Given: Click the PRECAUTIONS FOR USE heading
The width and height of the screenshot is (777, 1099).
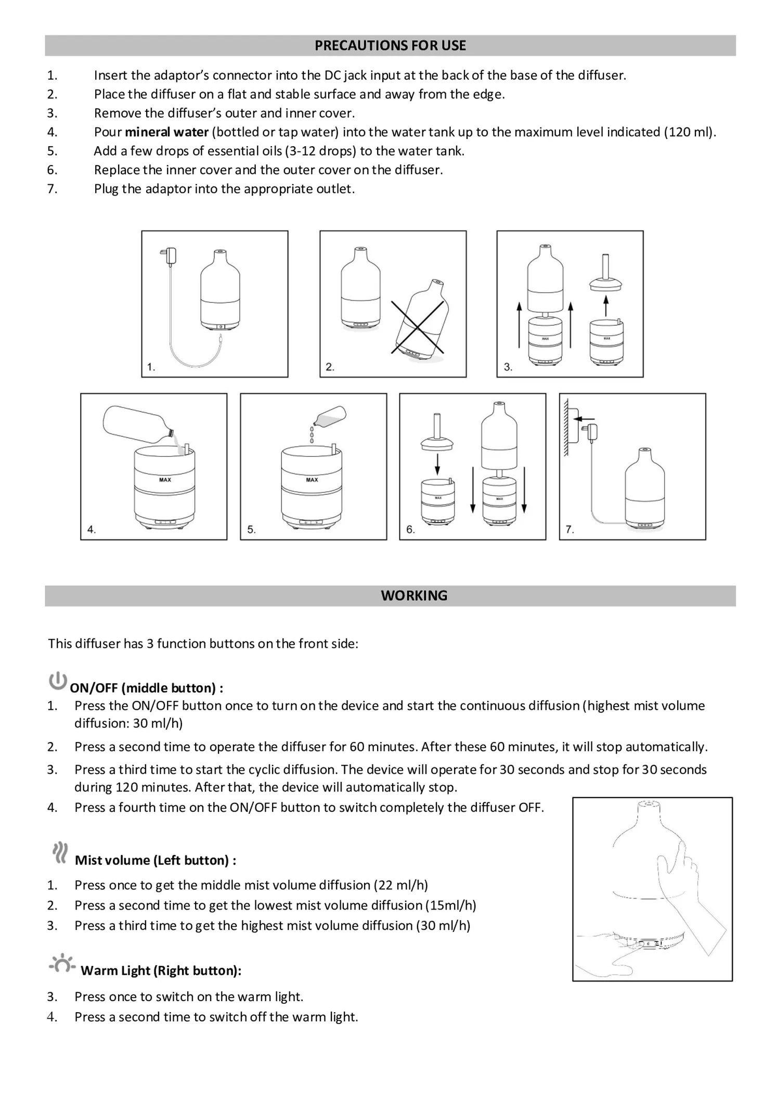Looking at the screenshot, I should click(x=390, y=46).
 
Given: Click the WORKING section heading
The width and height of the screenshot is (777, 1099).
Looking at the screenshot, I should click(x=414, y=596).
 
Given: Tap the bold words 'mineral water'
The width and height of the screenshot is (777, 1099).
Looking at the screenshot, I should click(x=166, y=132).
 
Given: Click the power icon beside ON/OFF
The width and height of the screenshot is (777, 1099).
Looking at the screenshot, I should click(x=58, y=681).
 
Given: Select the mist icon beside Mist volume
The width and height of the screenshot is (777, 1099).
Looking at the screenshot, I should click(x=60, y=853).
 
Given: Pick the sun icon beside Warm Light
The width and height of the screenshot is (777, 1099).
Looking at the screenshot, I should click(x=62, y=964).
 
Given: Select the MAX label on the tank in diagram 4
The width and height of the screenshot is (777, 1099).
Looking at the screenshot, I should click(x=165, y=480).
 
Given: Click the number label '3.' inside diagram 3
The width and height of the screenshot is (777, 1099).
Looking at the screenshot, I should click(x=508, y=367).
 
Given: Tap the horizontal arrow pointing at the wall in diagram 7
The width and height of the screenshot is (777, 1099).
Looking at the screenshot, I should click(x=587, y=418).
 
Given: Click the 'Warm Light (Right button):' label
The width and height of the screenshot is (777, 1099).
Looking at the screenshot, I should click(x=161, y=970).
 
